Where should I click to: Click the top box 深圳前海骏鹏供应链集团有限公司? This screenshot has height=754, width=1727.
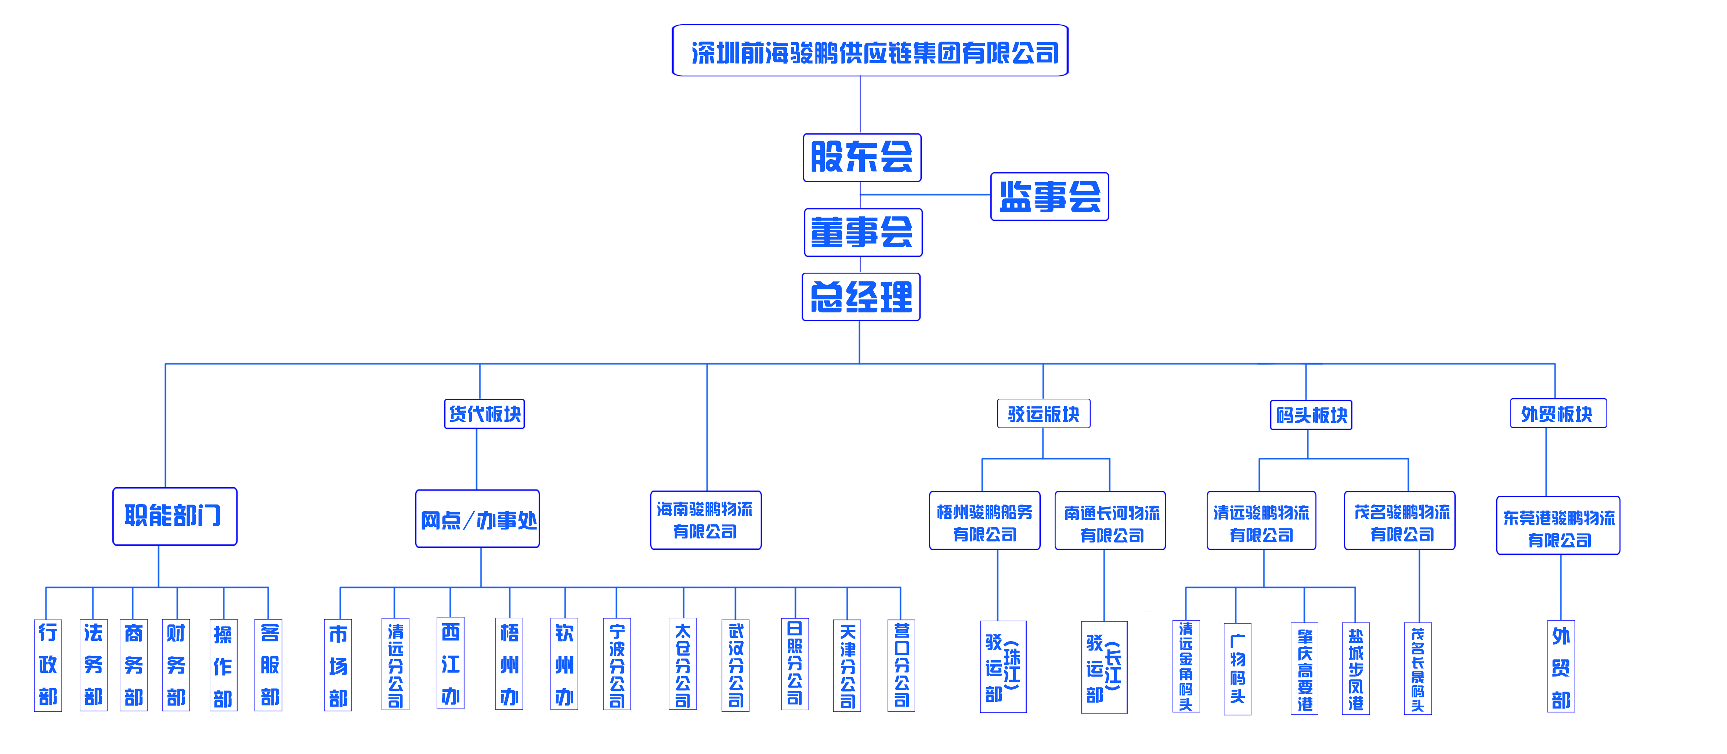coord(870,50)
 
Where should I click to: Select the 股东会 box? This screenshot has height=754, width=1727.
coord(862,158)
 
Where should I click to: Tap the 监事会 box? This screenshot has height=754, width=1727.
coord(1049,197)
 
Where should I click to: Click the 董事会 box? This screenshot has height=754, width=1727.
coord(863,232)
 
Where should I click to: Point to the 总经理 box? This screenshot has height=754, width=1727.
coord(861,297)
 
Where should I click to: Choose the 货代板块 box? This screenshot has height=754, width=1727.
coord(484,413)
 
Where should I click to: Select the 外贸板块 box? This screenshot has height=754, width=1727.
coord(1558,413)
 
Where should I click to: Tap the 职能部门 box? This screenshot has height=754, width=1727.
coord(174,516)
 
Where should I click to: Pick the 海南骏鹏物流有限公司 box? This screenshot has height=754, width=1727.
coord(705,520)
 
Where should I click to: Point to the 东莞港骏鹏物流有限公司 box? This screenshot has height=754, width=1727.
coord(1558,525)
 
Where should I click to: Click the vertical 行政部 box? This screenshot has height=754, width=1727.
coord(48,665)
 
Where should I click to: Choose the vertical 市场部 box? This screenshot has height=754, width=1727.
coord(338,665)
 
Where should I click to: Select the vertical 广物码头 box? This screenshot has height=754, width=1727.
coord(1238,669)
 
